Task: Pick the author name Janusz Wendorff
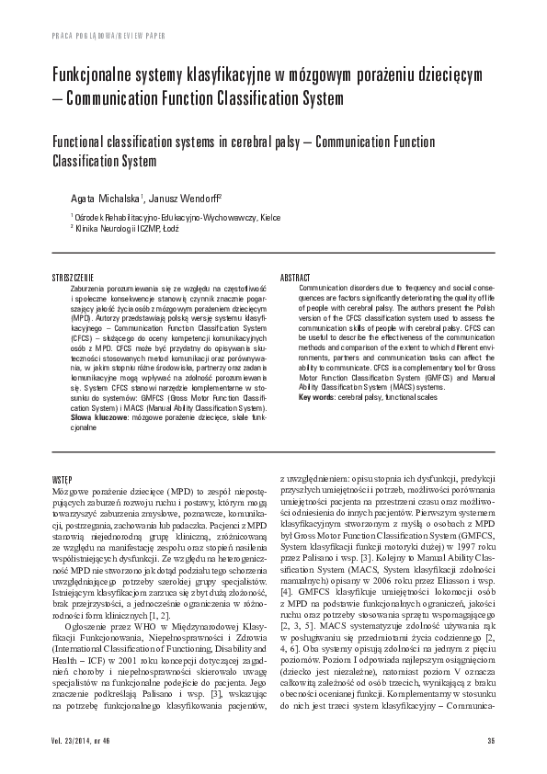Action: pyautogui.click(x=177, y=199)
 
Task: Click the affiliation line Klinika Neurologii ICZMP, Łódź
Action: pyautogui.click(x=126, y=228)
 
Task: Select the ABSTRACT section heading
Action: pyautogui.click(x=296, y=276)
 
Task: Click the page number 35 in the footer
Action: pyautogui.click(x=491, y=741)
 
